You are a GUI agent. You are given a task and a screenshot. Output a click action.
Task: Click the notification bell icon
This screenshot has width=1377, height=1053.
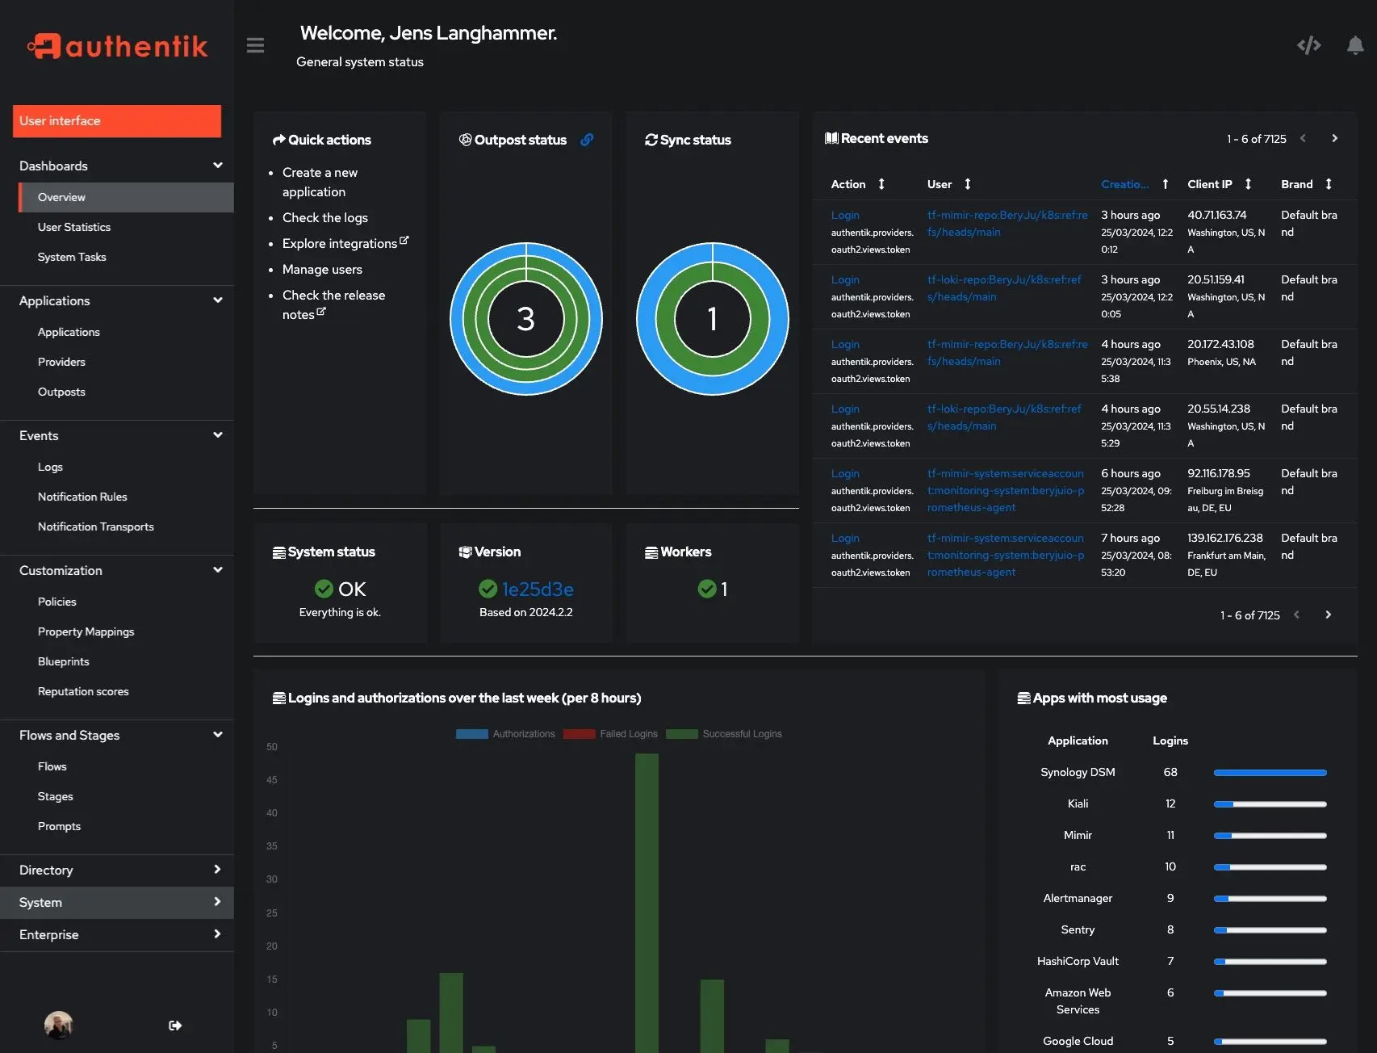coord(1355,45)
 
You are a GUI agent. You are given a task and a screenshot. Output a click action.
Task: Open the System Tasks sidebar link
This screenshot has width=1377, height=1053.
coord(72,257)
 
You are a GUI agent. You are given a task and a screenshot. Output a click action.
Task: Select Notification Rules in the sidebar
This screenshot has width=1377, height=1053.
coord(82,497)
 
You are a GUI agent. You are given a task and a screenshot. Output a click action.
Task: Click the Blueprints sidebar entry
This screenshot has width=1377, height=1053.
coord(64,661)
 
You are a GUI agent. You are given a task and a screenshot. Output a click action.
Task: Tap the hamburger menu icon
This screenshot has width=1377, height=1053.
coord(255,45)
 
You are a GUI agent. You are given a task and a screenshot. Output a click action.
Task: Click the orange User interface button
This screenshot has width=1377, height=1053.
coord(117,120)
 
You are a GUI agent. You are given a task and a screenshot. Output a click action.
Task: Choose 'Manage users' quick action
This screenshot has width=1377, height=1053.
coord(322,269)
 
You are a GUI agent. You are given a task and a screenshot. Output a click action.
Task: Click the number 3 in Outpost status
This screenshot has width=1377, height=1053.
coord(525,319)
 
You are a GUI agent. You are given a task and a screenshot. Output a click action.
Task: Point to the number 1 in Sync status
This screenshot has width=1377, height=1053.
coord(712,319)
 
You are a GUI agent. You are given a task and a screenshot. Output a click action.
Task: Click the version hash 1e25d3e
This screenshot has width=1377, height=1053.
coord(538,589)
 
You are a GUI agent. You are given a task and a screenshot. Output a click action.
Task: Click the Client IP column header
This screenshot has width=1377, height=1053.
coord(1209,184)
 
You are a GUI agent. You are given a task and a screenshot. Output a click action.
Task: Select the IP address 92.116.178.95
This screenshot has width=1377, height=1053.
coord(1218,473)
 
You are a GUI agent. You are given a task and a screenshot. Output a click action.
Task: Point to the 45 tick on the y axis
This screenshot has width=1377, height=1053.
coord(272,780)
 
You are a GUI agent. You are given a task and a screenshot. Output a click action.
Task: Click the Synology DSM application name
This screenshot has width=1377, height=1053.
coord(1078,772)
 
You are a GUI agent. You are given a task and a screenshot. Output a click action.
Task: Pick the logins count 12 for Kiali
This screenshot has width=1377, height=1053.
coord(1170,803)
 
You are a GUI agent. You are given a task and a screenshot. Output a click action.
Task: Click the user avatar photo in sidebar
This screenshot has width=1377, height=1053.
coord(58,1025)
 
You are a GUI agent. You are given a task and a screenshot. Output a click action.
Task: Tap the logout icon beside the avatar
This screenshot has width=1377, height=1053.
coord(175,1026)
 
